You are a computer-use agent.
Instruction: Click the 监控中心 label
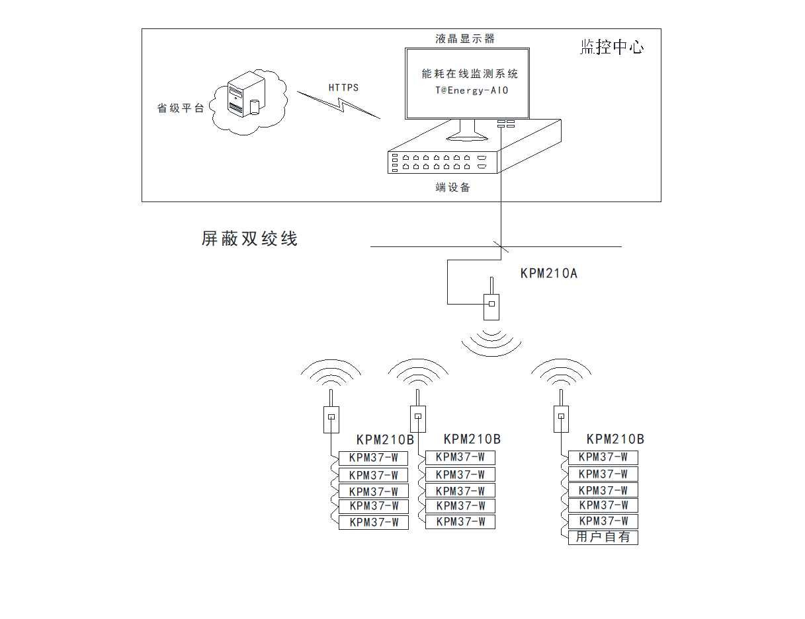(x=611, y=47)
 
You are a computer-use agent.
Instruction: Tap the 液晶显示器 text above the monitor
(x=465, y=39)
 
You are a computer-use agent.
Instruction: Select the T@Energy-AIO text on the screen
(x=467, y=91)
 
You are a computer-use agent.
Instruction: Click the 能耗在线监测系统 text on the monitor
(x=470, y=74)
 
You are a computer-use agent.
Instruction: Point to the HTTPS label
(x=343, y=87)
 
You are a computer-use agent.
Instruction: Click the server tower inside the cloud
(x=243, y=96)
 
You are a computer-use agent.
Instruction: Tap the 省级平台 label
(x=181, y=108)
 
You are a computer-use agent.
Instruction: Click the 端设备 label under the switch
(x=453, y=188)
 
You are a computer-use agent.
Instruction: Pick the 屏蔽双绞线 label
(x=249, y=238)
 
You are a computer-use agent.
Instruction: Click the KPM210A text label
(x=548, y=273)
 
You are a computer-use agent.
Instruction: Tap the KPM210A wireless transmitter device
(x=491, y=303)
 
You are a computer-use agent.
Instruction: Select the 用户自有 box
(x=603, y=537)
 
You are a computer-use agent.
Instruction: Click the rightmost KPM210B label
(x=615, y=439)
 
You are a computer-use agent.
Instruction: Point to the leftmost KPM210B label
(x=385, y=440)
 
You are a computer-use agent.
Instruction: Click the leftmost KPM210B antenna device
(x=331, y=418)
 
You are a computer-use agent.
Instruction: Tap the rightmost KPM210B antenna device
(x=560, y=418)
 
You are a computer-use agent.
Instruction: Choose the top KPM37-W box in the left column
(x=374, y=458)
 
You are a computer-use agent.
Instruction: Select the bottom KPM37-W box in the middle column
(x=460, y=522)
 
